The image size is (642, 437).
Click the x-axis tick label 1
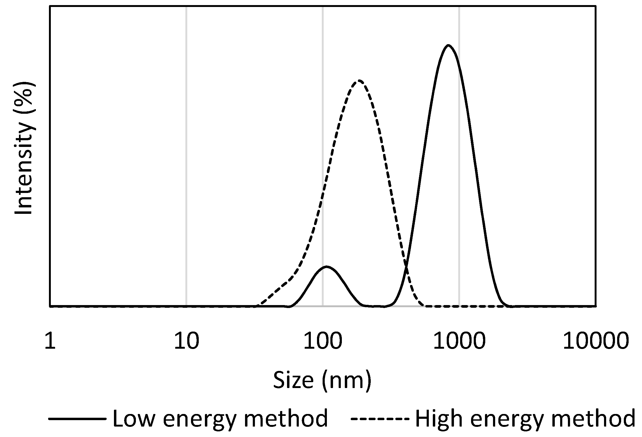pos(50,341)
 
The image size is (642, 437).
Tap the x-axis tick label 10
pos(186,341)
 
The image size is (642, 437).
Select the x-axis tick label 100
pos(323,341)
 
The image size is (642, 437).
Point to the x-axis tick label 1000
pos(459,341)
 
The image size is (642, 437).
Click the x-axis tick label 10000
pos(596,341)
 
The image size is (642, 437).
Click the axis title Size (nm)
pos(322,380)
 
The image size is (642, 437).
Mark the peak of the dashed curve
pos(359,81)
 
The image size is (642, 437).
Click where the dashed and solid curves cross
pos(406,266)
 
